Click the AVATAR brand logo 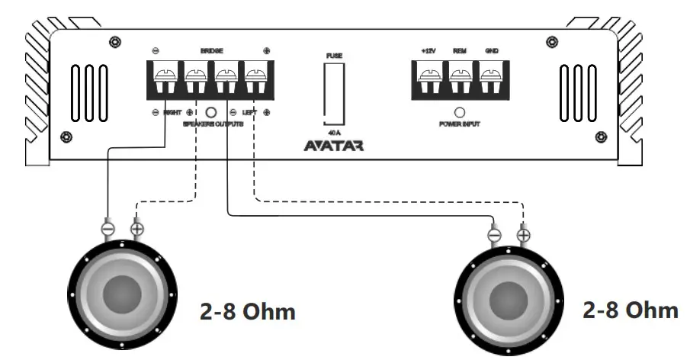(x=334, y=145)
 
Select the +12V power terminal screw (x=428, y=76)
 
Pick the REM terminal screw (x=460, y=76)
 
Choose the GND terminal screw (x=491, y=76)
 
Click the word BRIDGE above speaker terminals (x=211, y=52)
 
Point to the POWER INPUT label (x=460, y=124)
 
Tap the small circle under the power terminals (x=460, y=111)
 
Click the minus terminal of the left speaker (x=108, y=227)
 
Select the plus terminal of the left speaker (x=137, y=227)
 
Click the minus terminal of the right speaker (x=494, y=236)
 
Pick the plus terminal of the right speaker (x=523, y=235)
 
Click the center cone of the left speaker (x=123, y=294)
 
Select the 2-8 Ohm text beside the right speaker (x=630, y=310)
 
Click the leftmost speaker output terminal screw (x=165, y=76)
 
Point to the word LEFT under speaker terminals (x=249, y=113)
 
